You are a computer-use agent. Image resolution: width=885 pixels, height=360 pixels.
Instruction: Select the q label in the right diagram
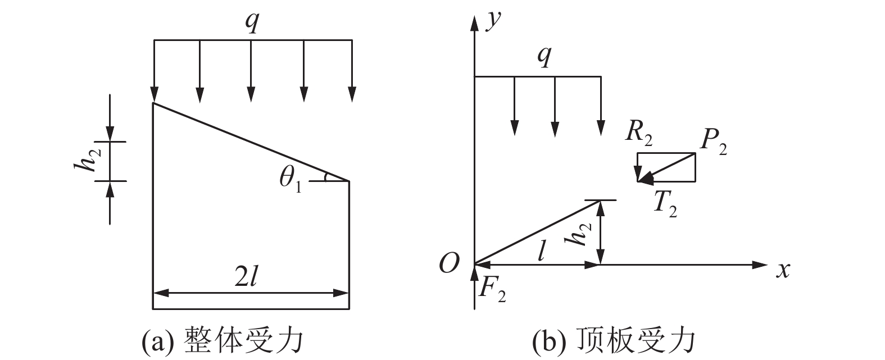pyautogui.click(x=544, y=56)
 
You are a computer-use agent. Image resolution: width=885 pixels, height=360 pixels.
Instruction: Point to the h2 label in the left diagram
pyautogui.click(x=87, y=162)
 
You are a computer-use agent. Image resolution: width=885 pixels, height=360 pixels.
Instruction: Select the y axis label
pyautogui.click(x=493, y=21)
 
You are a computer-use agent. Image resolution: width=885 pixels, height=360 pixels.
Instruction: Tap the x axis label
pyautogui.click(x=783, y=270)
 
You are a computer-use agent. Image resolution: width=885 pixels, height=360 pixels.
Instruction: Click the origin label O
pyautogui.click(x=449, y=263)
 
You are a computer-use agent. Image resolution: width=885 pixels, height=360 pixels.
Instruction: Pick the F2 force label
pyautogui.click(x=492, y=289)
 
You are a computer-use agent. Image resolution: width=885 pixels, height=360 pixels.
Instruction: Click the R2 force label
pyautogui.click(x=639, y=134)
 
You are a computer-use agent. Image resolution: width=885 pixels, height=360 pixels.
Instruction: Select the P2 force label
pyautogui.click(x=712, y=143)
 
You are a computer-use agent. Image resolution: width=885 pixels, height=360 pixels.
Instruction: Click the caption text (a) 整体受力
pyautogui.click(x=222, y=340)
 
